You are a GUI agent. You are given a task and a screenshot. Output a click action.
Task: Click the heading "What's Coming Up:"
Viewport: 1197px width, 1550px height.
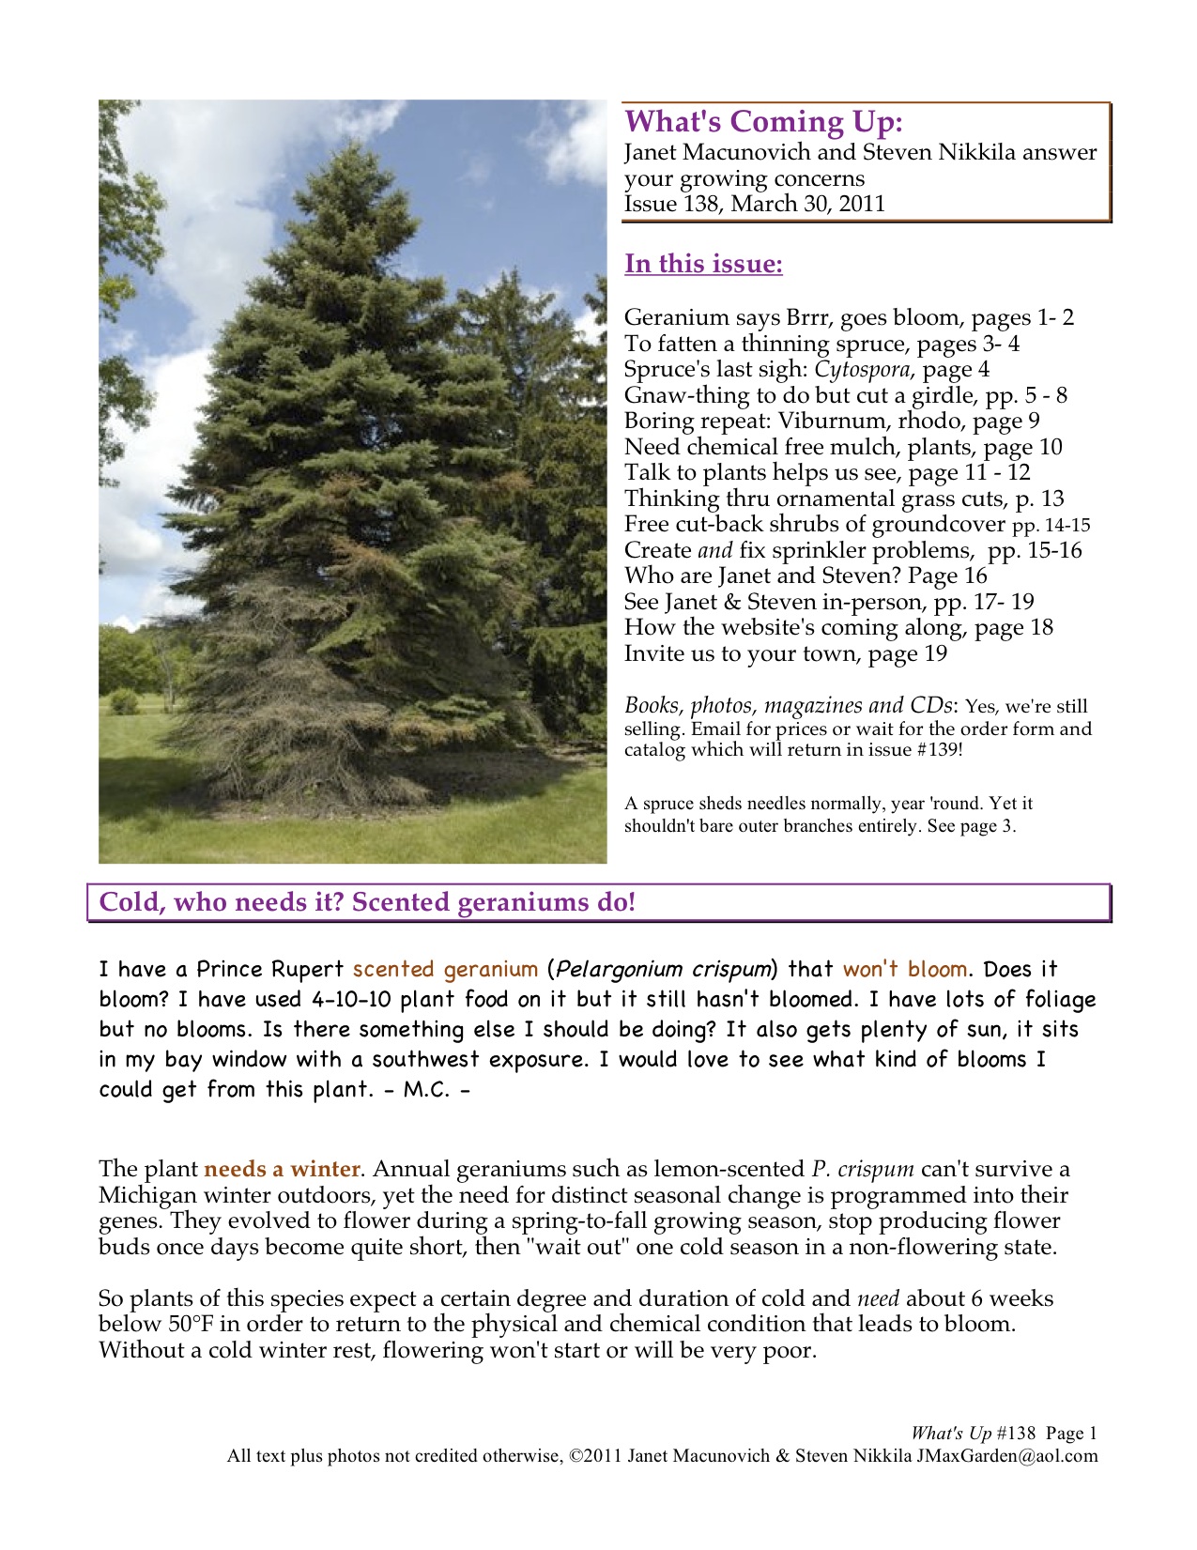click(x=764, y=122)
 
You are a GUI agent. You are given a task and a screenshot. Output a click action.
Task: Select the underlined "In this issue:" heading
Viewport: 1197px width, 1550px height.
click(x=703, y=264)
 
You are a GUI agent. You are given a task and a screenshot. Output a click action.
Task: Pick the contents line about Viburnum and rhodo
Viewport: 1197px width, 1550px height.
click(x=832, y=421)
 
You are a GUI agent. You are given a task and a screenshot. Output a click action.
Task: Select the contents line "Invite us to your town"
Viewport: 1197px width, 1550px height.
click(x=786, y=653)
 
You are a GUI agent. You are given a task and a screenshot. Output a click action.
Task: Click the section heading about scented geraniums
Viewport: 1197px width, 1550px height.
click(x=368, y=903)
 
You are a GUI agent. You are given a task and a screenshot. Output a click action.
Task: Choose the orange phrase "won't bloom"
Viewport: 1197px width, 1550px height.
click(x=905, y=969)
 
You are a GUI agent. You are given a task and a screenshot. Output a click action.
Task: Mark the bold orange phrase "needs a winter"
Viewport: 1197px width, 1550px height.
click(x=282, y=1170)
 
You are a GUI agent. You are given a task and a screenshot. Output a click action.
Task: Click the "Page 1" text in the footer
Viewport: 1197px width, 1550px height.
click(x=1071, y=1434)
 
